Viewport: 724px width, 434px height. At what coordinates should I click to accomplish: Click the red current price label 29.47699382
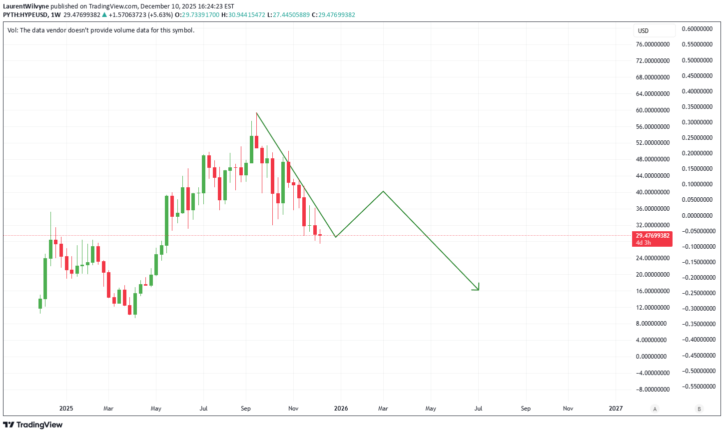tap(652, 236)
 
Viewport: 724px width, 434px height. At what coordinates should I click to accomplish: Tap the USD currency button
tap(643, 31)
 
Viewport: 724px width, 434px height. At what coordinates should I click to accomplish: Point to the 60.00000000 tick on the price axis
tap(653, 110)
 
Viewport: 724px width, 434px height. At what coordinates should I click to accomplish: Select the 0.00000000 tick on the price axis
tap(651, 357)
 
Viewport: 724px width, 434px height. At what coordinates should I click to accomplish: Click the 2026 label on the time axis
tap(341, 409)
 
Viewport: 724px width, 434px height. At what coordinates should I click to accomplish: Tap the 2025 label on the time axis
tap(66, 409)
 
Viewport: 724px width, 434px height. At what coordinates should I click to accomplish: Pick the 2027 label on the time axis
tap(616, 409)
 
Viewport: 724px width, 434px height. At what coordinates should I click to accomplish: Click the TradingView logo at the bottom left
tap(33, 425)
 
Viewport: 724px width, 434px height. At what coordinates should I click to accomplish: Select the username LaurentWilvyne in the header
tap(26, 6)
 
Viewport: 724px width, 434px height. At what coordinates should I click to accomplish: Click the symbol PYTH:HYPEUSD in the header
tap(25, 15)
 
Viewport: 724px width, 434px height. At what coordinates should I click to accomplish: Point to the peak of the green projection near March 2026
tap(383, 191)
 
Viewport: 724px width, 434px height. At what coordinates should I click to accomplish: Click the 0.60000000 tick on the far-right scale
tap(697, 29)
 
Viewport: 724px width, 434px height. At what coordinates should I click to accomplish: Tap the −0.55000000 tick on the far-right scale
tap(697, 387)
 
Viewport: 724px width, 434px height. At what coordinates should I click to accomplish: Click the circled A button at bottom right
tap(655, 409)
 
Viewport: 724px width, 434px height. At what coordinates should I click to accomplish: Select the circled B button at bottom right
tap(699, 409)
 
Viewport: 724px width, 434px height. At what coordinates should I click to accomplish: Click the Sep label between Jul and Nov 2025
tap(245, 409)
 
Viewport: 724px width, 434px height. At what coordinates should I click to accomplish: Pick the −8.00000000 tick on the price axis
tap(653, 390)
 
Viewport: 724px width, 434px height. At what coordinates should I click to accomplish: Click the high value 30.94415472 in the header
tap(247, 15)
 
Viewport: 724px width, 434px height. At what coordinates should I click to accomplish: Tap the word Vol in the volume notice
tap(12, 30)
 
